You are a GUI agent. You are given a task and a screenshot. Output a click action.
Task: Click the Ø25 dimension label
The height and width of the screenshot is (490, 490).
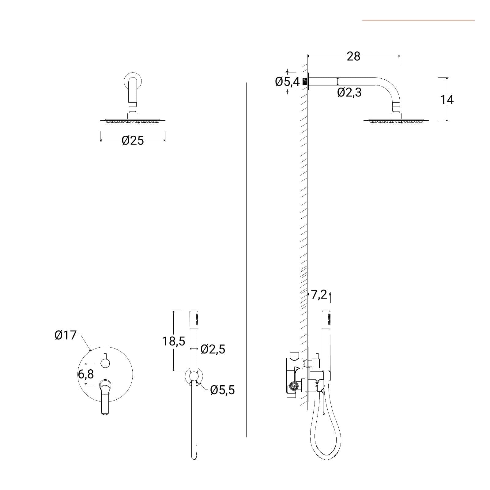pos(133,141)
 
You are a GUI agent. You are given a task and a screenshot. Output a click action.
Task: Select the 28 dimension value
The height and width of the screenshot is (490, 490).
pos(353,56)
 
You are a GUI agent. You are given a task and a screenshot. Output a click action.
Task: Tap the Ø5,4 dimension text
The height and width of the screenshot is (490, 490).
pos(287,82)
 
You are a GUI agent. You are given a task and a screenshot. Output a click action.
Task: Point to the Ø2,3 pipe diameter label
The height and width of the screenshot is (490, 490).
pos(349,92)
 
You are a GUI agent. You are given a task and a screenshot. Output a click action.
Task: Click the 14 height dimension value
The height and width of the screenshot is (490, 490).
pos(447,100)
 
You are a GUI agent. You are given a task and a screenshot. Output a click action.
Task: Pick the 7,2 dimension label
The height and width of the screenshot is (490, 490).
pos(319,295)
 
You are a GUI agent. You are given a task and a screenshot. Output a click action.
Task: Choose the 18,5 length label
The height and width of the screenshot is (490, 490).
pos(174,341)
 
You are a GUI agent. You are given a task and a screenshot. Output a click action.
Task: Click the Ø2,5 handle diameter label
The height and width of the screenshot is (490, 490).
pos(213,349)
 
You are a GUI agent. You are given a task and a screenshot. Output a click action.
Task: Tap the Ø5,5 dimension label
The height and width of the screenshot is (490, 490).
pos(223,390)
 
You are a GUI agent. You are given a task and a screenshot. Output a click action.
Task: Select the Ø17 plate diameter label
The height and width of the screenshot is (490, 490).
pos(65,335)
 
